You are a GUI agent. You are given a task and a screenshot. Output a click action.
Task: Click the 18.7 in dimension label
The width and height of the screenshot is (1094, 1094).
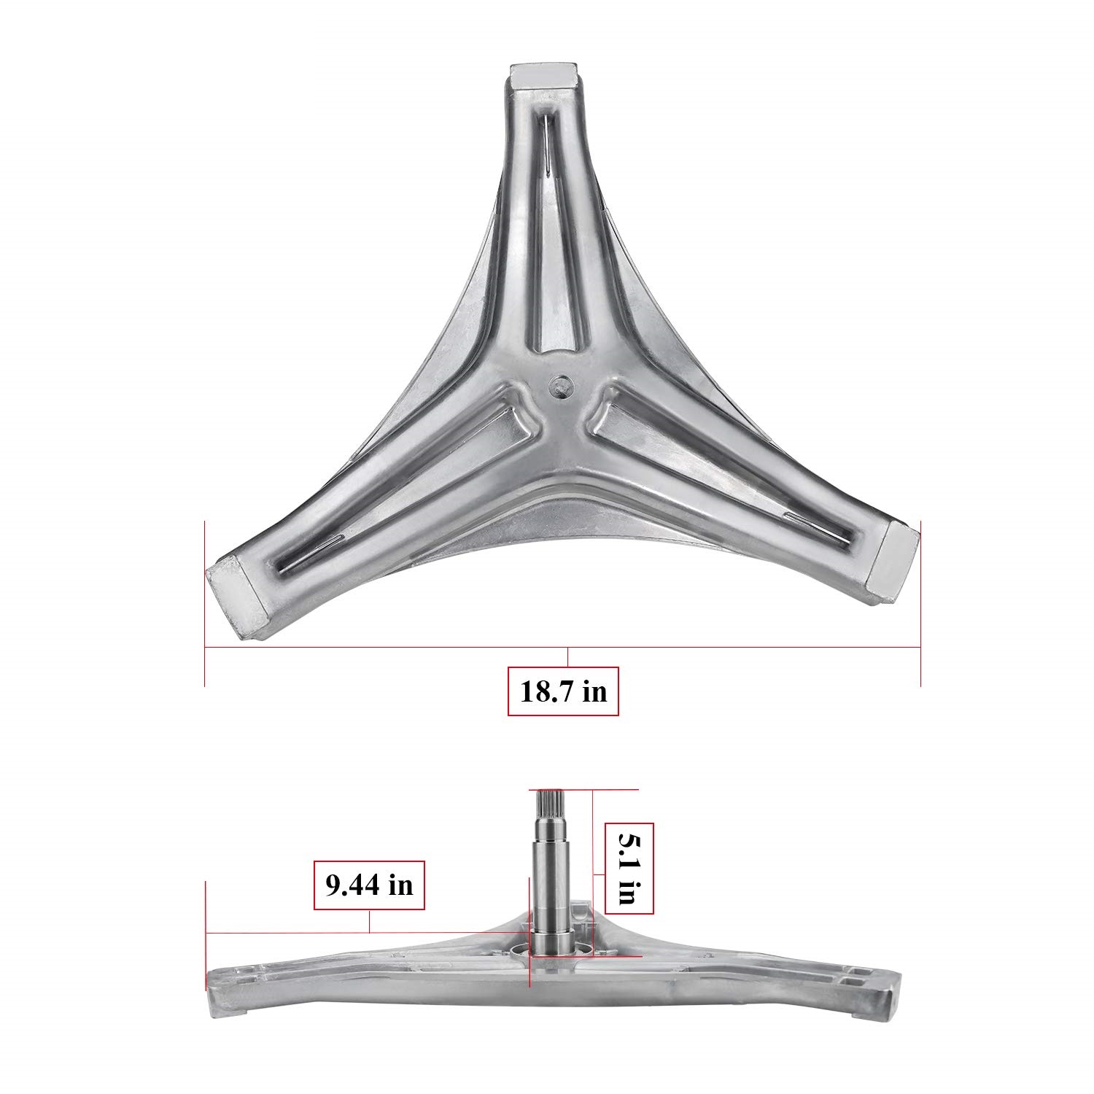563,691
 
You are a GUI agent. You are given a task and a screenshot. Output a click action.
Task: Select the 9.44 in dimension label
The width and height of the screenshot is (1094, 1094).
369,885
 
